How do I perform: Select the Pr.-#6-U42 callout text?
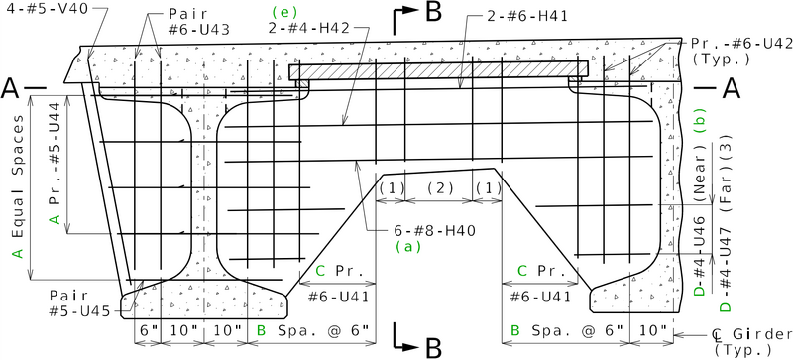(731, 43)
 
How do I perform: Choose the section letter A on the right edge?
(733, 89)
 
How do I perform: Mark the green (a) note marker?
(410, 245)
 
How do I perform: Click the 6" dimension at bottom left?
(149, 329)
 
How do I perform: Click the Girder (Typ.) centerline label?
(752, 341)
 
